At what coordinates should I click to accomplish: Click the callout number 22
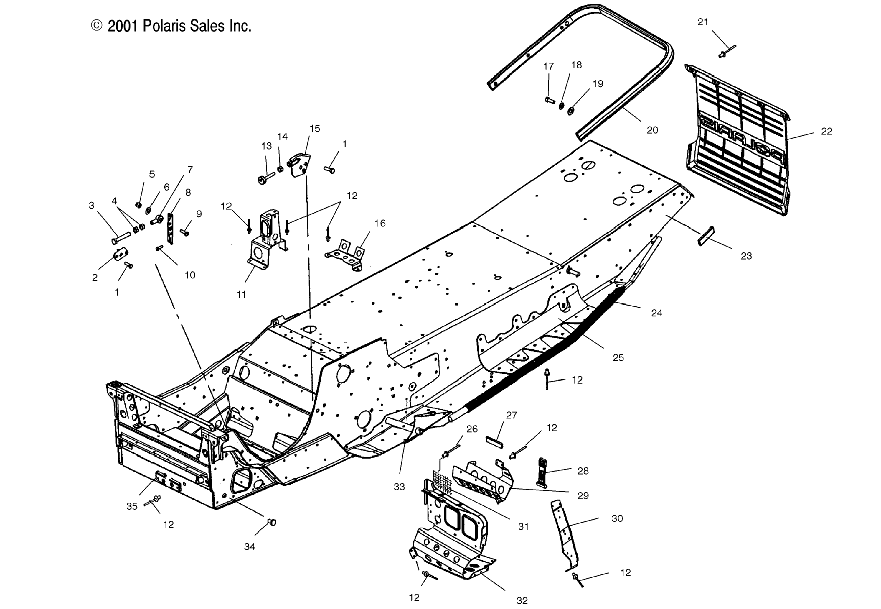tap(826, 132)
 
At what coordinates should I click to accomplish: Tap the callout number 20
tap(652, 130)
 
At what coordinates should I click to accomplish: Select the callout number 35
tap(132, 506)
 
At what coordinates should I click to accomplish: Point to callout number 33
tap(399, 487)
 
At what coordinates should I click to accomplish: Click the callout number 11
tap(241, 295)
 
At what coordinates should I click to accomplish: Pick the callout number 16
tap(380, 223)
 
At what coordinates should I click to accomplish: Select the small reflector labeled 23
tap(706, 236)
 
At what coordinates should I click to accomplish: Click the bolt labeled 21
tap(727, 51)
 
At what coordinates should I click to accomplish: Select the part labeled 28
tap(542, 472)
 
